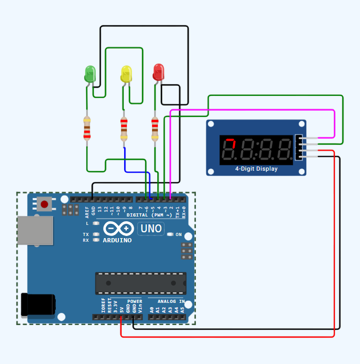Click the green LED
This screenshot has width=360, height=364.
(90, 73)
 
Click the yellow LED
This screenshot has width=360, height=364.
(126, 73)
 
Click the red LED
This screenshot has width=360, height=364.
(158, 72)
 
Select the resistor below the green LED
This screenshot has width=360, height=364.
(87, 129)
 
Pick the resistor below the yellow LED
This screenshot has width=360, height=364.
(124, 129)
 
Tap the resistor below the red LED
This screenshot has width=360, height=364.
(155, 129)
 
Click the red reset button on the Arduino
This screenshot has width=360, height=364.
(44, 204)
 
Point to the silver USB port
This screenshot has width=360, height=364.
(35, 230)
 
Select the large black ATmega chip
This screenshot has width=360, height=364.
(141, 283)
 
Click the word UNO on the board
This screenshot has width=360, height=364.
(151, 229)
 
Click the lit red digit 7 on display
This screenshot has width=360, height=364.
(229, 150)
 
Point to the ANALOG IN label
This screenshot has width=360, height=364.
(171, 302)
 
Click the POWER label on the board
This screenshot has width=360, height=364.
(135, 302)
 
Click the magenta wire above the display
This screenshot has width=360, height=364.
(253, 111)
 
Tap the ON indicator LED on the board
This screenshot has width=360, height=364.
(170, 234)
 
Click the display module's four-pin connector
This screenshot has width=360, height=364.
(299, 147)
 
